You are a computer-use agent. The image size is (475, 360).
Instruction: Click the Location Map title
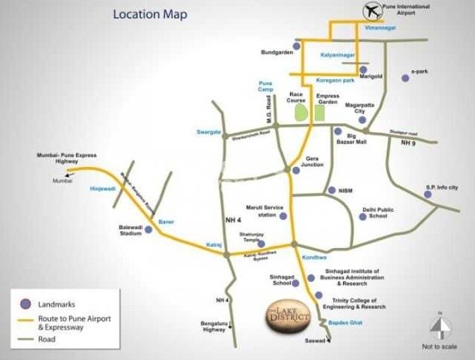(150, 14)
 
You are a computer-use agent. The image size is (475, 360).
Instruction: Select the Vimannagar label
(380, 28)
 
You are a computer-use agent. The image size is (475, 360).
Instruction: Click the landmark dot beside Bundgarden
(297, 46)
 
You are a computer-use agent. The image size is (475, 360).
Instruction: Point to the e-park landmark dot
(405, 78)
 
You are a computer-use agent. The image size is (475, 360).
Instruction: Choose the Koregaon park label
(335, 80)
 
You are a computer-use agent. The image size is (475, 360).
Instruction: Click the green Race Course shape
(301, 113)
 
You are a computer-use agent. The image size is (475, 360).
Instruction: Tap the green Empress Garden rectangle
(320, 113)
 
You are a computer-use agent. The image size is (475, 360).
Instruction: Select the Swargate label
(209, 132)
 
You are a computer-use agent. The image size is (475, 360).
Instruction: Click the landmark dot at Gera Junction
(296, 170)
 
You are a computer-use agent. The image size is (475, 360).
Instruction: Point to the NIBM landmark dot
(332, 190)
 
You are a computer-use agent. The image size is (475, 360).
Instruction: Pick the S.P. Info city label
(442, 187)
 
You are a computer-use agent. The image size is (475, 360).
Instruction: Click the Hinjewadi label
(102, 189)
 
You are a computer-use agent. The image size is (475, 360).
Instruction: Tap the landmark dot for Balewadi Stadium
(148, 230)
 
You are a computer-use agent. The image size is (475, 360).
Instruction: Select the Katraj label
(214, 244)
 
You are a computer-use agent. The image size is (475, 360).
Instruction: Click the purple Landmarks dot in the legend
(25, 303)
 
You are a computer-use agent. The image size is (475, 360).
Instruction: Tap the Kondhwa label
(314, 257)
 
